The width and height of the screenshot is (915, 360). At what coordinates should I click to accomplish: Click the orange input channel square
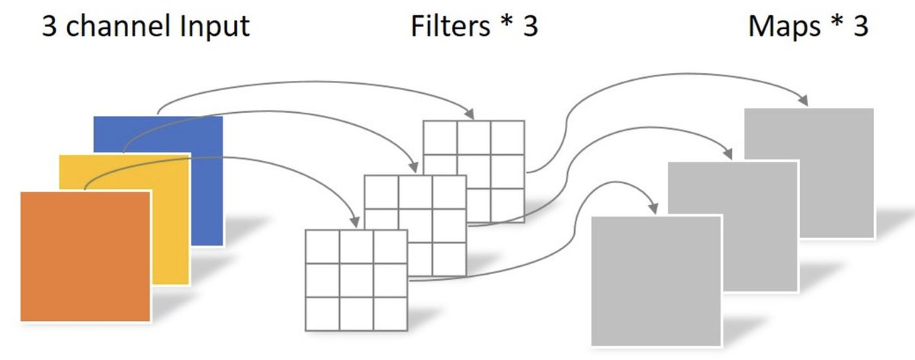tap(85, 256)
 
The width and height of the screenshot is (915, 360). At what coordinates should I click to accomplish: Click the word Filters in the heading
tap(450, 26)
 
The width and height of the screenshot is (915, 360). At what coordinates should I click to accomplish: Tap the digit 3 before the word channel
tap(49, 27)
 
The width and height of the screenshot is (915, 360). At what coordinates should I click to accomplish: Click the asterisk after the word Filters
tap(506, 22)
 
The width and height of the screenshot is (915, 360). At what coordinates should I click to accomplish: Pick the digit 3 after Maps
tap(861, 27)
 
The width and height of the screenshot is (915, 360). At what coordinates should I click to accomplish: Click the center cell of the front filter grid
tap(356, 281)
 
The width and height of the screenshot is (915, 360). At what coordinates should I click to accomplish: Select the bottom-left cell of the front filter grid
tap(323, 313)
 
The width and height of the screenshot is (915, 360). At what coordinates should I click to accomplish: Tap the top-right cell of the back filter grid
tap(507, 138)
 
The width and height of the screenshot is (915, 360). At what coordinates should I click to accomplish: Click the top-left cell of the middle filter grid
tap(381, 191)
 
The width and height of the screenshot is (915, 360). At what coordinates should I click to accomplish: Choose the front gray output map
tap(657, 281)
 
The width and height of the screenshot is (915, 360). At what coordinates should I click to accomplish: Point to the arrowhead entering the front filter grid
tap(355, 222)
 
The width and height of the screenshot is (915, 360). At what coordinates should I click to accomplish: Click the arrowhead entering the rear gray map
tap(803, 100)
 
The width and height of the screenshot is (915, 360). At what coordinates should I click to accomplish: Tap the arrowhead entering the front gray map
tap(653, 208)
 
